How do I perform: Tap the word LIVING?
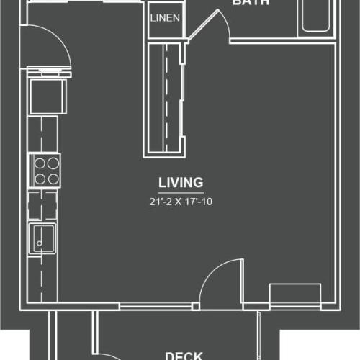pos(181,182)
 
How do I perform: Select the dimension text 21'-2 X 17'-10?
pos(181,202)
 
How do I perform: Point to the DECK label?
pos(186,355)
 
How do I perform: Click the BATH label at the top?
pos(251,3)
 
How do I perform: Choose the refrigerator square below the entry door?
pos(47,96)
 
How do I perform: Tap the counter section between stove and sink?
pos(43,205)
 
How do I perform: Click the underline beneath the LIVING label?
pos(181,193)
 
